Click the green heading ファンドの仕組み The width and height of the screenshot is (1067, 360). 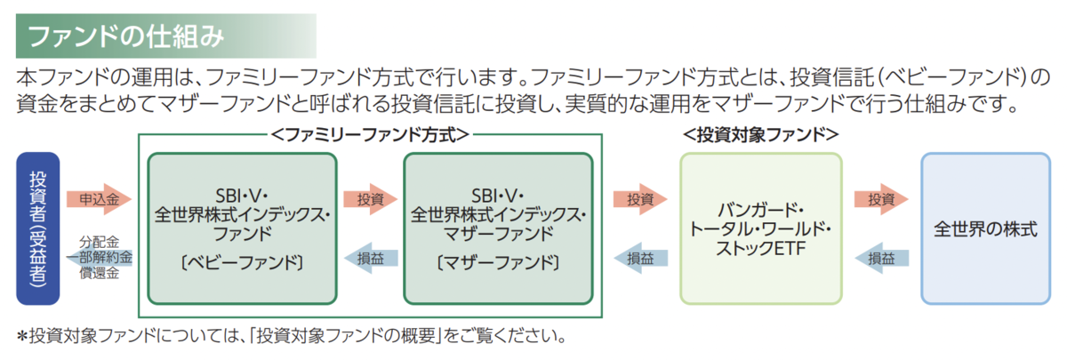[x=125, y=36]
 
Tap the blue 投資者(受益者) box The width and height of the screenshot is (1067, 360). [x=38, y=228]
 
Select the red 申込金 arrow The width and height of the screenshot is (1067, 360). [x=99, y=199]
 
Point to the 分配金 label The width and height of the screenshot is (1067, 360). [x=99, y=242]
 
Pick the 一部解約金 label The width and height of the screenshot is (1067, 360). [x=99, y=258]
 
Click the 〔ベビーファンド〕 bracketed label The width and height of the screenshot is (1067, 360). [x=242, y=262]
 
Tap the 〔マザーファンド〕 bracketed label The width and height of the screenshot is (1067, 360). [x=498, y=262]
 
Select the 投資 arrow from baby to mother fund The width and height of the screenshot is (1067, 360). [x=370, y=199]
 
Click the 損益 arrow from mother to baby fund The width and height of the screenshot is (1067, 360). [x=370, y=258]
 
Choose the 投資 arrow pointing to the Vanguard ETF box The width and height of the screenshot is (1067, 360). [x=640, y=199]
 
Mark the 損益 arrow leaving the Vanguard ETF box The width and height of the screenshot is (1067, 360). [x=640, y=258]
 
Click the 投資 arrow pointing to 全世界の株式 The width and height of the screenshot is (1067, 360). [x=881, y=199]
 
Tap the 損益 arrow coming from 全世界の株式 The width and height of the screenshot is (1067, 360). [x=881, y=258]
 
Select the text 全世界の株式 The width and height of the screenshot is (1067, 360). [x=985, y=229]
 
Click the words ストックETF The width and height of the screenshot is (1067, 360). [x=761, y=248]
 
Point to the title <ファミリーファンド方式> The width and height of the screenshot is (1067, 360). [x=370, y=135]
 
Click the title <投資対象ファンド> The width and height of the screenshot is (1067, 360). [x=761, y=135]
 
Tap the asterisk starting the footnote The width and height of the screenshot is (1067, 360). [x=22, y=337]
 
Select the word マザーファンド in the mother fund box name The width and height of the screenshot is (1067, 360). [x=498, y=234]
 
